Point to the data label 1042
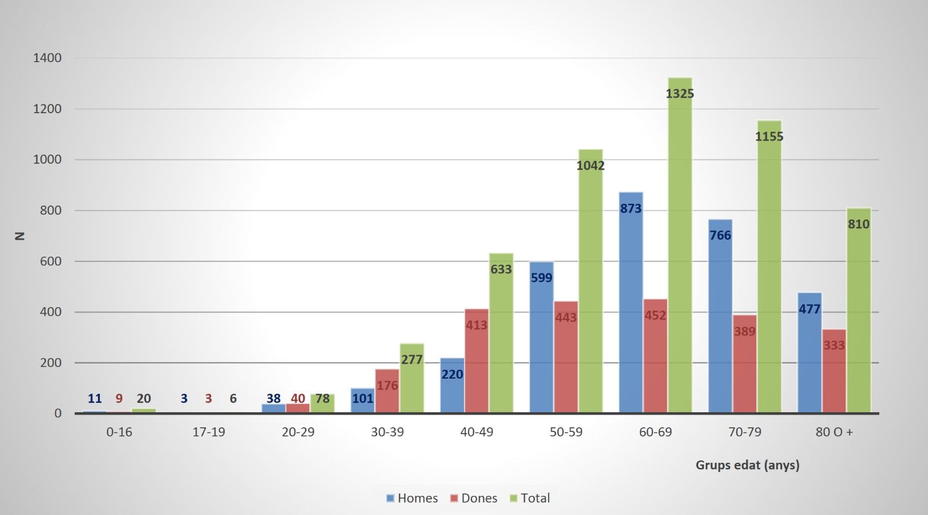[x=590, y=165]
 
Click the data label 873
[x=631, y=208]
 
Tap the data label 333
[x=834, y=345]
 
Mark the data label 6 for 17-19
[x=233, y=398]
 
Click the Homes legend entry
[x=412, y=498]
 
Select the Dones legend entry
[x=474, y=498]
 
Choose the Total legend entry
[x=530, y=498]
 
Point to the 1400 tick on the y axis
[x=48, y=58]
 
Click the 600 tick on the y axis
[x=51, y=261]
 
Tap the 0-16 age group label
[x=119, y=432]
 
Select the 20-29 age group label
[x=298, y=432]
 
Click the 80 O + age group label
[x=834, y=432]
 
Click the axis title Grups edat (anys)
[x=748, y=465]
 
